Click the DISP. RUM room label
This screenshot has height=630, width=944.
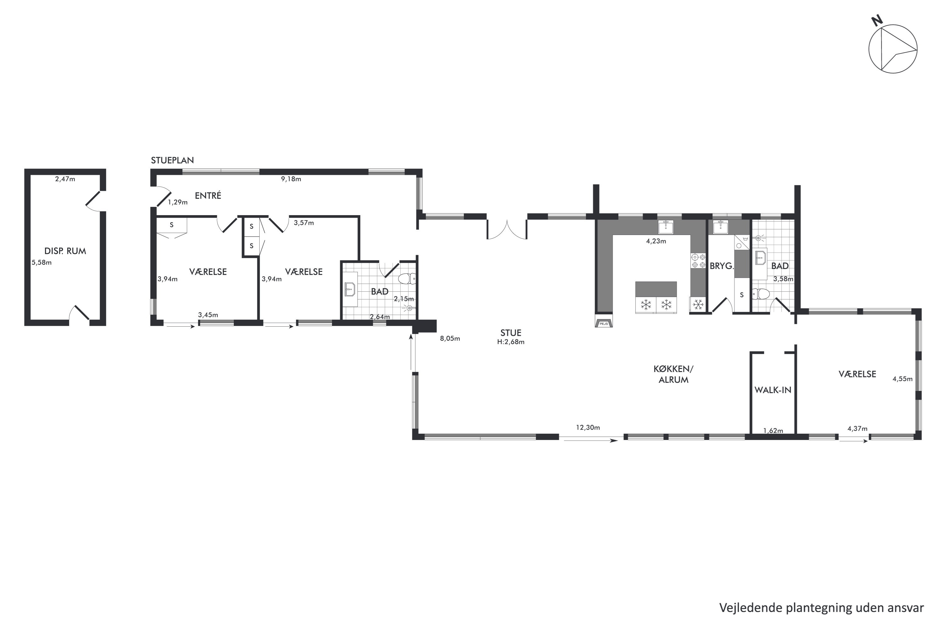coord(65,251)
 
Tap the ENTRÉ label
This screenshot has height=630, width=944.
coord(208,196)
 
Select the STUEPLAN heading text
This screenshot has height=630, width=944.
coord(172,160)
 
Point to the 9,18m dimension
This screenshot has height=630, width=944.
coord(291,179)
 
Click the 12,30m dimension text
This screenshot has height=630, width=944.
coord(588,427)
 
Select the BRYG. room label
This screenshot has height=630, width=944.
coord(722,266)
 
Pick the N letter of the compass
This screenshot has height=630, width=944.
coord(877,20)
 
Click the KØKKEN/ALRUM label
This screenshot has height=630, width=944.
coord(673,375)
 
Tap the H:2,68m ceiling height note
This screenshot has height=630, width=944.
coord(510,342)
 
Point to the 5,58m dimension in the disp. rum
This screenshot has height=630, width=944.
coord(42,263)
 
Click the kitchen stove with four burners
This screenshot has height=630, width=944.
coord(698,261)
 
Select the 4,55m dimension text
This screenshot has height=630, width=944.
coord(903,379)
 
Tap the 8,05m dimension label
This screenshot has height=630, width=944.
coord(450,338)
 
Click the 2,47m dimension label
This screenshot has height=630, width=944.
coord(65,179)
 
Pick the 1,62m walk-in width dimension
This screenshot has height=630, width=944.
coord(773,431)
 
